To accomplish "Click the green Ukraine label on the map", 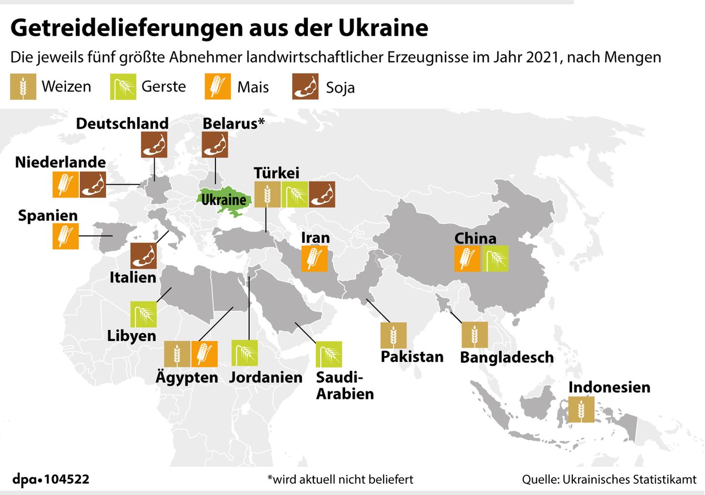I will coord(224,200).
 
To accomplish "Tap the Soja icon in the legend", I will coord(305,87).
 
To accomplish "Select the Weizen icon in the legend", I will coord(23,87).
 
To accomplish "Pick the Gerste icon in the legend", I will coord(123,87).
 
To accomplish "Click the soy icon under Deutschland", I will coord(154,145).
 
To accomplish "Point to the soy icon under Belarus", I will coord(215,145).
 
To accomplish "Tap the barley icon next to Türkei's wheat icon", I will coord(295,194).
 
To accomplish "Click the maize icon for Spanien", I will coord(66,236).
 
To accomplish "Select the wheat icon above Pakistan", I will coord(393,335).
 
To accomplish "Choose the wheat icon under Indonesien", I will coord(581,409).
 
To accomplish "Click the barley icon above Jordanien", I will coord(244,353).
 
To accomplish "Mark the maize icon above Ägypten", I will coord(204,354).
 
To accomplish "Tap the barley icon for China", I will coord(495,258).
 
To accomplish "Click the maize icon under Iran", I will coord(314,258).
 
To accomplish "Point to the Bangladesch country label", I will coord(507,357).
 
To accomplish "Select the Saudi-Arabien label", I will coord(344,385).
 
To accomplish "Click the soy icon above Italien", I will coord(143,256).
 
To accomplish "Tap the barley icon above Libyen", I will coord(143,314).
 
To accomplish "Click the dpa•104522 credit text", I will coord(51,479).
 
